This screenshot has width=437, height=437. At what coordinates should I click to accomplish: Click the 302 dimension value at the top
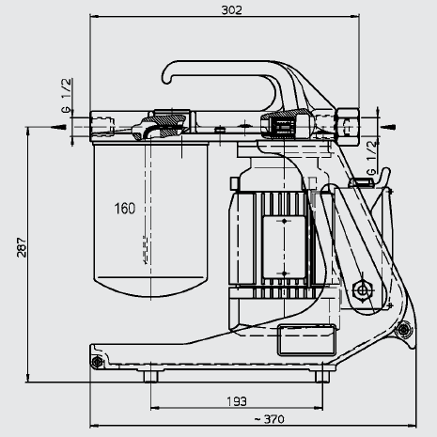pyautogui.click(x=232, y=10)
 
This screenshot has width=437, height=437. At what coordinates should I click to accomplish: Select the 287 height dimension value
pyautogui.click(x=22, y=247)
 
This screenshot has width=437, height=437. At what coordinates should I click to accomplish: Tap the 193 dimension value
pyautogui.click(x=237, y=401)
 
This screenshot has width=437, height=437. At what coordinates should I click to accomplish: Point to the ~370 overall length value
pyautogui.click(x=270, y=419)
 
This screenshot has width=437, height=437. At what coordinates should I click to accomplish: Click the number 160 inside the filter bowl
pyautogui.click(x=125, y=209)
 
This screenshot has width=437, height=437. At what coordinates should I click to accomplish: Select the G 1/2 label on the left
pyautogui.click(x=67, y=95)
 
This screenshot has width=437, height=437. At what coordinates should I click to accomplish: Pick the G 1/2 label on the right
pyautogui.click(x=371, y=158)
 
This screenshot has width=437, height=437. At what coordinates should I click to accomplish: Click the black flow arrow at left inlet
pyautogui.click(x=58, y=127)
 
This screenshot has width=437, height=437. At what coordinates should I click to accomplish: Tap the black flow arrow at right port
pyautogui.click(x=388, y=127)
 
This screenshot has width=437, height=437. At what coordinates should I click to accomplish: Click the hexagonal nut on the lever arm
pyautogui.click(x=362, y=290)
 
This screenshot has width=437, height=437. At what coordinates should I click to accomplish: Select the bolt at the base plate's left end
pyautogui.click(x=97, y=362)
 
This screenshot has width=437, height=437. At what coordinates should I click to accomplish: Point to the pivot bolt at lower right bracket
pyautogui.click(x=403, y=329)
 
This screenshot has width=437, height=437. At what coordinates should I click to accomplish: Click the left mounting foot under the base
pyautogui.click(x=150, y=376)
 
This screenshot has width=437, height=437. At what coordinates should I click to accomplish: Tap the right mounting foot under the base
pyautogui.click(x=322, y=376)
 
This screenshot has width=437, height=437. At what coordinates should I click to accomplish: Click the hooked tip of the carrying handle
pyautogui.click(x=166, y=79)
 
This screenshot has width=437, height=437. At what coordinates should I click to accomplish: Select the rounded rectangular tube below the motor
pyautogui.click(x=306, y=340)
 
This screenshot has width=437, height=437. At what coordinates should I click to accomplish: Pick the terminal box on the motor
pyautogui.click(x=284, y=247)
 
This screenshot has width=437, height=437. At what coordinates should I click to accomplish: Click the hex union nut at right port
pyautogui.click(x=348, y=126)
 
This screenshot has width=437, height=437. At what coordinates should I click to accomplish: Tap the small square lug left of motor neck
pyautogui.click(x=234, y=183)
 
